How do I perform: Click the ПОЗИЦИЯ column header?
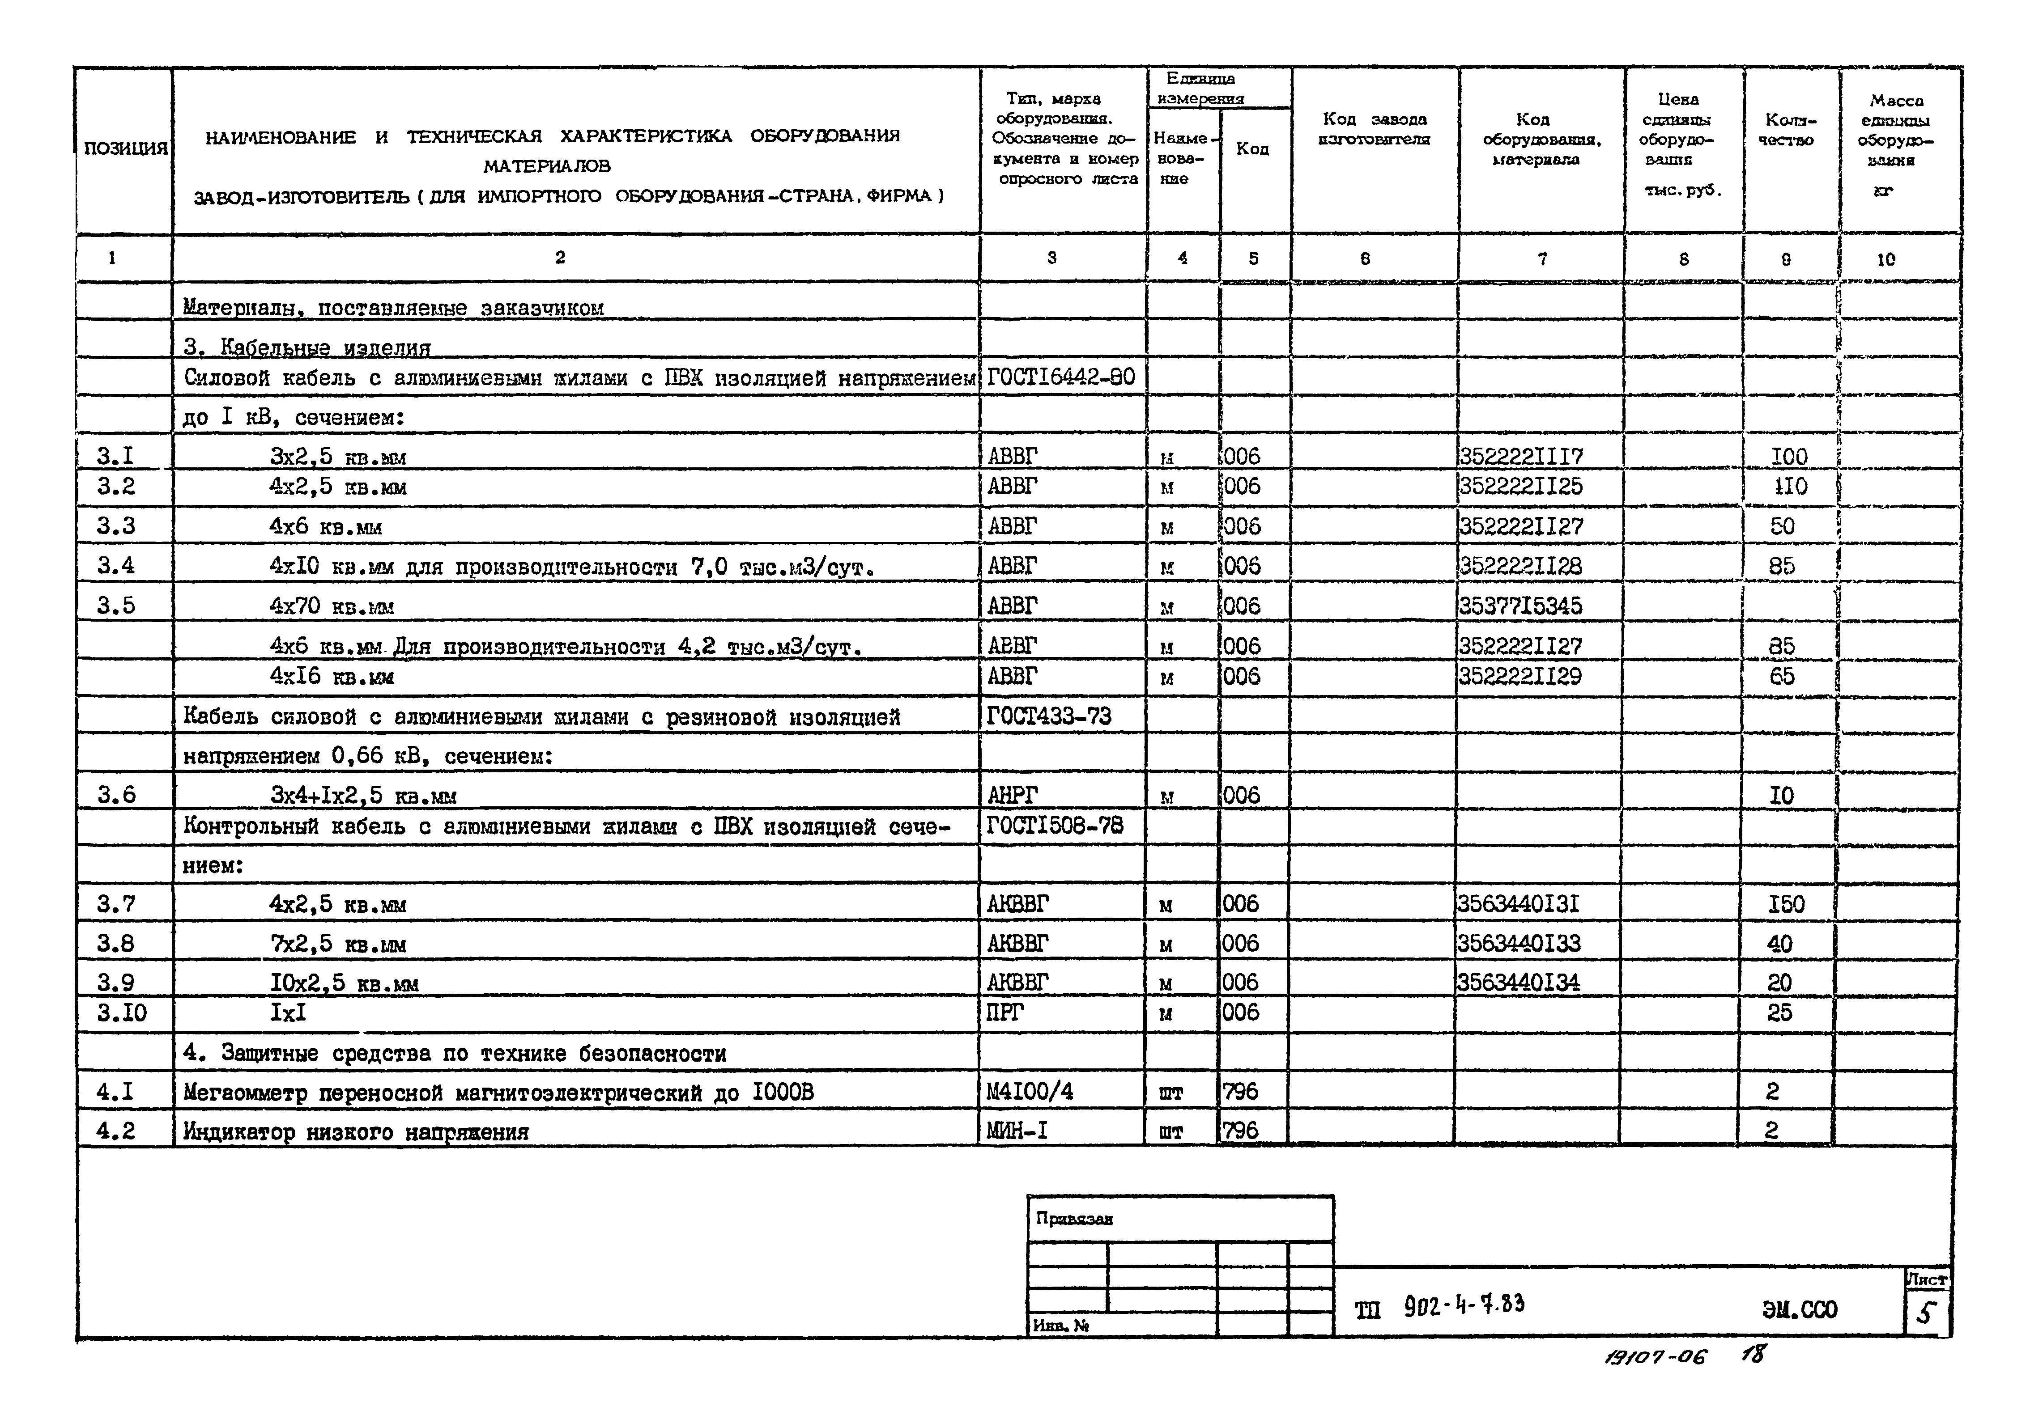(x=124, y=148)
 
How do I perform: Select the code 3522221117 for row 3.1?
(x=1521, y=456)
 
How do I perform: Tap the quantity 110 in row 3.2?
(x=1788, y=486)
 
